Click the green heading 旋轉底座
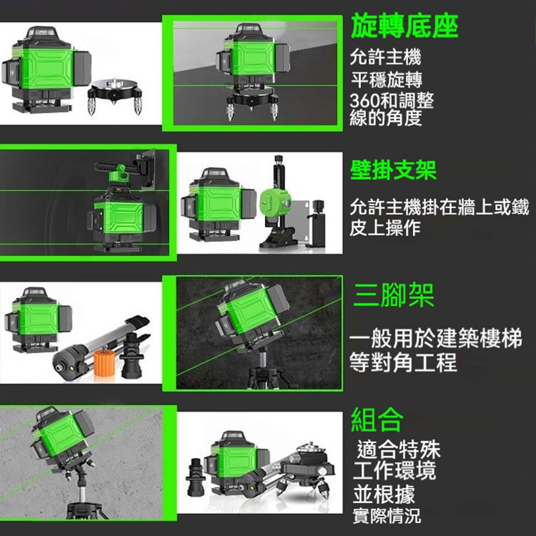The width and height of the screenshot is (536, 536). click(x=404, y=27)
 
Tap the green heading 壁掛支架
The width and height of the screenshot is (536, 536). click(x=393, y=170)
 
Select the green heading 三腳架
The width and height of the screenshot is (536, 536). click(x=393, y=295)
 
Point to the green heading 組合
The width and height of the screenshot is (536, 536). click(x=377, y=420)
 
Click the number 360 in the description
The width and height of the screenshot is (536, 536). click(x=364, y=101)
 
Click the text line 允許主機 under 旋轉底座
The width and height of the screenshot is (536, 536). click(x=385, y=57)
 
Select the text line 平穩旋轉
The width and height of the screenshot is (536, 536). click(x=387, y=80)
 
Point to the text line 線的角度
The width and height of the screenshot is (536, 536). click(x=385, y=118)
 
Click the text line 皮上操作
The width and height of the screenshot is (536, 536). click(x=385, y=228)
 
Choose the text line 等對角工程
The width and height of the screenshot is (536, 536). click(x=404, y=363)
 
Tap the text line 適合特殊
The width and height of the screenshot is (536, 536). click(x=399, y=450)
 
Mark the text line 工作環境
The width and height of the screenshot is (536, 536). click(x=394, y=471)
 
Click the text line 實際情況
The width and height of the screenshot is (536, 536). click(x=386, y=516)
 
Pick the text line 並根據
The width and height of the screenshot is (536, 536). click(x=384, y=494)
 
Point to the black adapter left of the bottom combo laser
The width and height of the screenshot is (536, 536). click(x=195, y=477)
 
